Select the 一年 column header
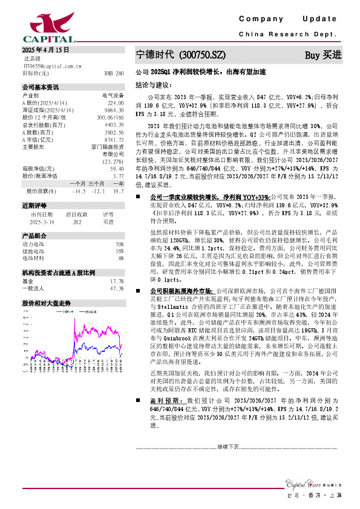(118, 183)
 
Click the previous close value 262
(77, 221)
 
